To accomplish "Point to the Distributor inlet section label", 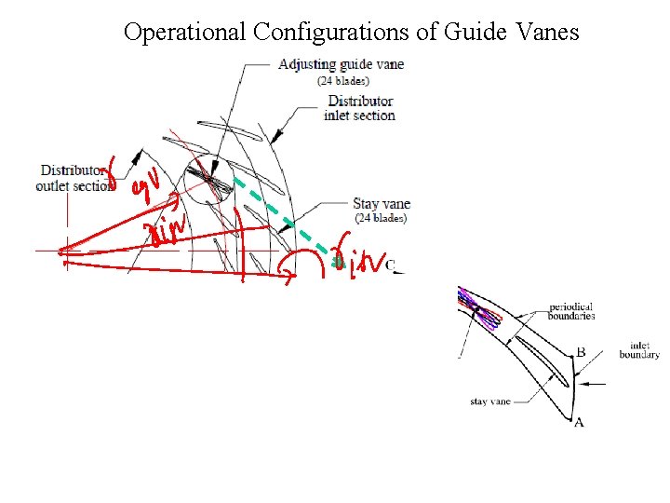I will pos(360,108).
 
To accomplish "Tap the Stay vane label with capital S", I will pos(380,203).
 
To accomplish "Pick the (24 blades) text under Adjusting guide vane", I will pos(343,80).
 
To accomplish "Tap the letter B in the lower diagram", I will pos(581,353).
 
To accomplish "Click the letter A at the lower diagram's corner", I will pos(579,423).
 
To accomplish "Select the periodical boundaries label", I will pos(571,311).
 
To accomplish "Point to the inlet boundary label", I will pos(639,349).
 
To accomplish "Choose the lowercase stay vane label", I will pos(490,402).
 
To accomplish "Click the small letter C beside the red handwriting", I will pos(391,266).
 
